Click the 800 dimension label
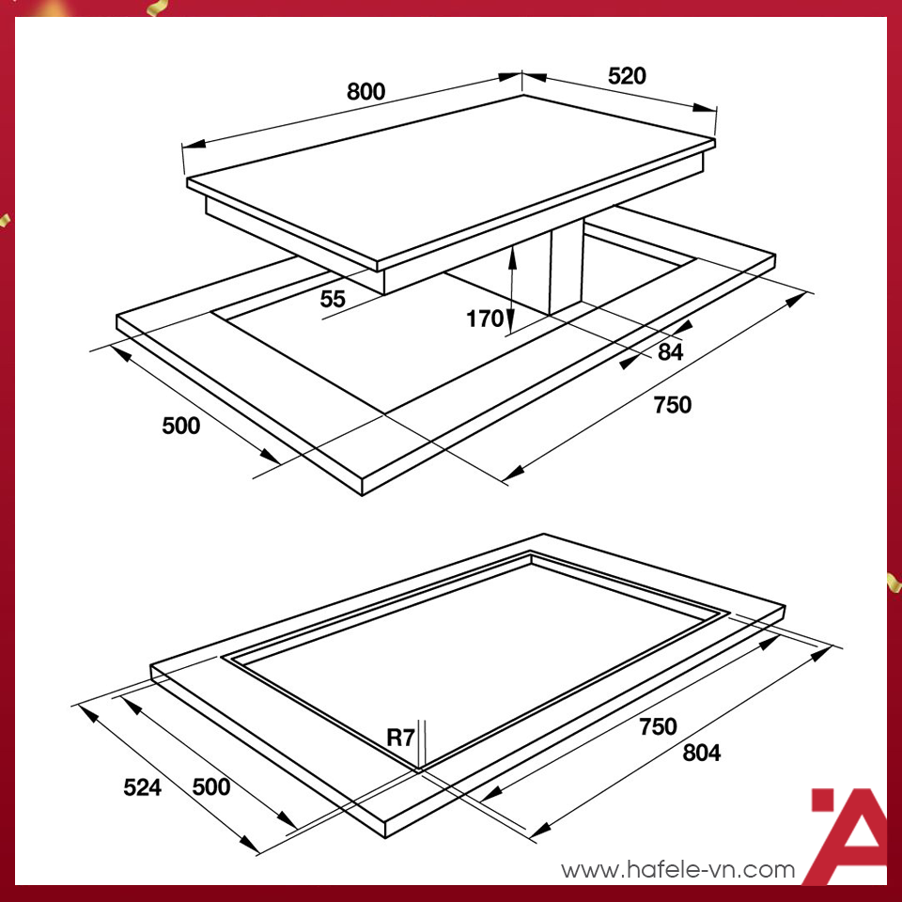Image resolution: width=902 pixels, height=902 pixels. pyautogui.click(x=365, y=91)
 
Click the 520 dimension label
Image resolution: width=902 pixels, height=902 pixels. pyautogui.click(x=627, y=76)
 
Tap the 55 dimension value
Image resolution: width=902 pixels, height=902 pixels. pyautogui.click(x=333, y=299)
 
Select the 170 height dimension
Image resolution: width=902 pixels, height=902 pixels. pyautogui.click(x=485, y=319)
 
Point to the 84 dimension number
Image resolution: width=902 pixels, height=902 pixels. pyautogui.click(x=671, y=352)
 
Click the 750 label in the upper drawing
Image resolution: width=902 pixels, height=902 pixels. pyautogui.click(x=673, y=405)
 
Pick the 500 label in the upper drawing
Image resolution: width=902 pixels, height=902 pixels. pyautogui.click(x=181, y=426)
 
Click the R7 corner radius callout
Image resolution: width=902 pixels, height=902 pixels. pyautogui.click(x=401, y=737)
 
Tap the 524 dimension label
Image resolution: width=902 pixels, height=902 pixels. pyautogui.click(x=143, y=787)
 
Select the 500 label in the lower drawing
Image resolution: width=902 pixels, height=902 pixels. pyautogui.click(x=211, y=786)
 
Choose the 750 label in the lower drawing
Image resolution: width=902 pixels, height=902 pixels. pyautogui.click(x=658, y=726)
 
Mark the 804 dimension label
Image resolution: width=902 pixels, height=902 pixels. pyautogui.click(x=702, y=753)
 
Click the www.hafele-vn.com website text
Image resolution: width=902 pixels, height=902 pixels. pyautogui.click(x=678, y=869)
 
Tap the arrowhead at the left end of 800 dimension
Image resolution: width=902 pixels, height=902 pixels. pyautogui.click(x=194, y=143)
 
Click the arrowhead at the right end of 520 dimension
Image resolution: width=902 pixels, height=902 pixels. pyautogui.click(x=706, y=107)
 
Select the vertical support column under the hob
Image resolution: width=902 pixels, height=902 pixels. pyautogui.click(x=566, y=271)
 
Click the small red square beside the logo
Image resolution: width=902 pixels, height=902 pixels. pyautogui.click(x=823, y=800)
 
